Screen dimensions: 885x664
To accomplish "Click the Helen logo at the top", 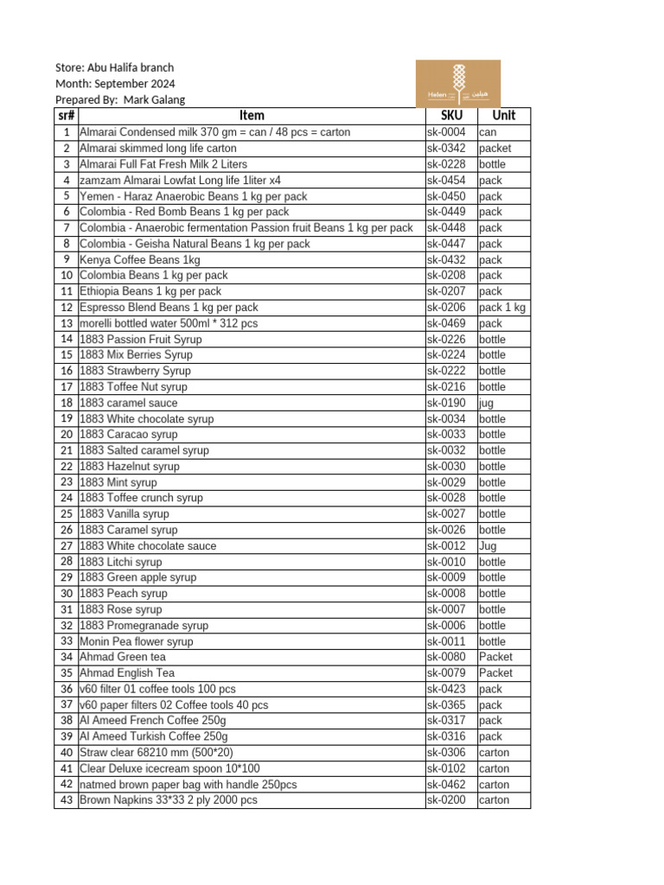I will (457, 83).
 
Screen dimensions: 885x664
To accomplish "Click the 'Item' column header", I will (252, 116).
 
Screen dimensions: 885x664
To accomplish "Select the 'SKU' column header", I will (450, 116).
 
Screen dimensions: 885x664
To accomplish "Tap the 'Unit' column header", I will (503, 116).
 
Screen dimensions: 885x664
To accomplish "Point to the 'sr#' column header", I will (66, 116).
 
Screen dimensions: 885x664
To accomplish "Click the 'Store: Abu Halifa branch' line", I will (114, 67).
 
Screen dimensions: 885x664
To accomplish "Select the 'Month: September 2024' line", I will (115, 84).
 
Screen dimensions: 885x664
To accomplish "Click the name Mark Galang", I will (154, 99).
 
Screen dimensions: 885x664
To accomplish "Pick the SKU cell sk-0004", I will (446, 132).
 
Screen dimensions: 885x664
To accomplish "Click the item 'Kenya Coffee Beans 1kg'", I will (139, 259).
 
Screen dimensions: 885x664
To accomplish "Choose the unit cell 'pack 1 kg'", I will (501, 308).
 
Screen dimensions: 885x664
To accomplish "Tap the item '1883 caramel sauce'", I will (128, 403).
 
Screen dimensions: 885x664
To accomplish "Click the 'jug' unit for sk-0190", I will (487, 403).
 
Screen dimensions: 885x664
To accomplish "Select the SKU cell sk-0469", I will (446, 323).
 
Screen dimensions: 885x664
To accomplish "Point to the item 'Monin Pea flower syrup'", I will (137, 641).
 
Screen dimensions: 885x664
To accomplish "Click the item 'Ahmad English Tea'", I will (127, 673).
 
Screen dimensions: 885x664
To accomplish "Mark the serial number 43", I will (67, 800).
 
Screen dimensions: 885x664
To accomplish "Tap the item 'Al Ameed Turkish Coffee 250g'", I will (154, 736).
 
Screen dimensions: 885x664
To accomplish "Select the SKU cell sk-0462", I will (446, 785).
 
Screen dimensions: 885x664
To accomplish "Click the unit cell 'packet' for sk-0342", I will (495, 149).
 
